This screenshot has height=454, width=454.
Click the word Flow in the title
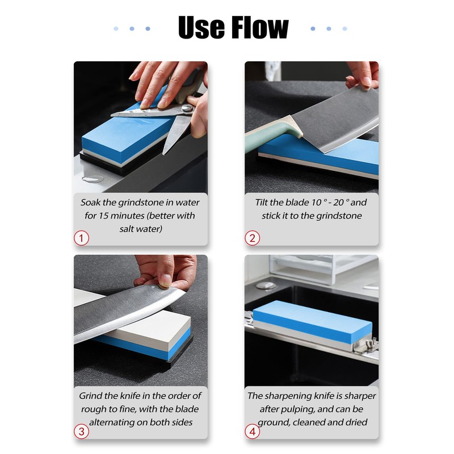[259, 27]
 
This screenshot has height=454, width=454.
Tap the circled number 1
[82, 238]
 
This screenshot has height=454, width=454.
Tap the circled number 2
[253, 238]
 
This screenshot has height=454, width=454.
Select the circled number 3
[82, 431]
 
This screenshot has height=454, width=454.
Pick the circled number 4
[253, 431]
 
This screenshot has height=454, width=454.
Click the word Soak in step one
[91, 202]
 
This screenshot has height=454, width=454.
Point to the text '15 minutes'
[124, 216]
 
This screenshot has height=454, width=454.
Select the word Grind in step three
[91, 396]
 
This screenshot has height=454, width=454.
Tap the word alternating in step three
[112, 423]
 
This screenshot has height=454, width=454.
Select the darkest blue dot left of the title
[148, 28]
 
